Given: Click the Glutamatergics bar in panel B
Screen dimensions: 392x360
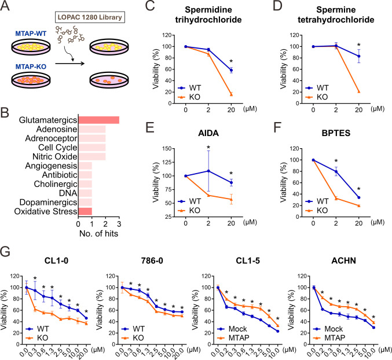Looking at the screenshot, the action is coord(99,120).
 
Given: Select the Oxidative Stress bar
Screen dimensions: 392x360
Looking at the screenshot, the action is coord(85,211).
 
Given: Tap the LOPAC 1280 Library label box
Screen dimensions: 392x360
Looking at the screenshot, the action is coord(90,17).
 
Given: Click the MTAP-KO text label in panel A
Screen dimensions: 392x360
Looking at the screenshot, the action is coord(31,67).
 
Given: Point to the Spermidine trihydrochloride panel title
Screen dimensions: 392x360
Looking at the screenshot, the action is coord(208,14).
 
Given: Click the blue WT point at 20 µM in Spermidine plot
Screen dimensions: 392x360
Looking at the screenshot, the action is coord(231,70).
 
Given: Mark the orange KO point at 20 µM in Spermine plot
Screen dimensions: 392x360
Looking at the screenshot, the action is coord(359,91).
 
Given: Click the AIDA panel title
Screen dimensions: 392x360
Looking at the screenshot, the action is coord(208,133).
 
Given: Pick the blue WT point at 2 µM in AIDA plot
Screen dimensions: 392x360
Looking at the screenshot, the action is coord(208,171).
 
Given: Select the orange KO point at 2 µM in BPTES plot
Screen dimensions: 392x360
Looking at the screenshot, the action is coord(336,199).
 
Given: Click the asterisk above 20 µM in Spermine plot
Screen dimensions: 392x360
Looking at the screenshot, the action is coord(359,45).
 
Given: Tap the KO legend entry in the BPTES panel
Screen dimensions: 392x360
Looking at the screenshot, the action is coord(317,210).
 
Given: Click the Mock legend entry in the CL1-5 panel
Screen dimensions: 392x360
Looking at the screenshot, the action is coord(232,329).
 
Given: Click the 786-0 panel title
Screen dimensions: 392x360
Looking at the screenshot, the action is coord(152,260).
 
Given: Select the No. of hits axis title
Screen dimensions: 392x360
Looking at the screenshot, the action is coord(98,233).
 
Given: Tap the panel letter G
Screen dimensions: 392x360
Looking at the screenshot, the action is coord(5,252).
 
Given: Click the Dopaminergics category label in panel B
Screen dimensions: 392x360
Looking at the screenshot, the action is coord(48,202).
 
